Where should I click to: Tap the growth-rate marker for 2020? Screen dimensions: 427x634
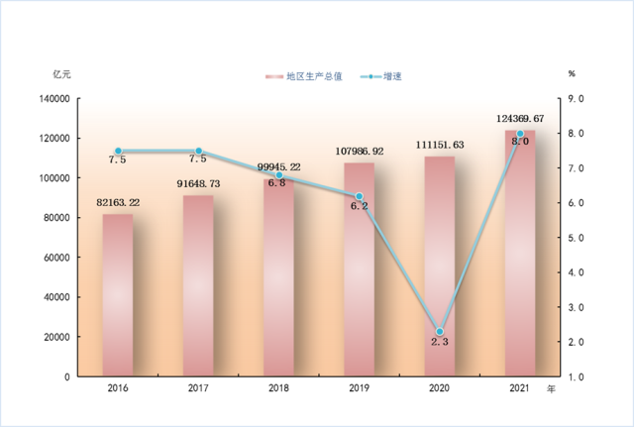click(x=440, y=332)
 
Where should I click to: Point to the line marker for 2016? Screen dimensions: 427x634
click(x=118, y=151)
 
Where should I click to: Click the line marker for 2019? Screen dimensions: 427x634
click(x=360, y=196)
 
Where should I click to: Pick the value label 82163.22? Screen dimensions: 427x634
click(x=118, y=202)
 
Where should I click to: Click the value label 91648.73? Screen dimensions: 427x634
click(x=198, y=183)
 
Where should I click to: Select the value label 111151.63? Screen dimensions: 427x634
click(x=440, y=145)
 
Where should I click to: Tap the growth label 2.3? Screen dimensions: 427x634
click(x=440, y=342)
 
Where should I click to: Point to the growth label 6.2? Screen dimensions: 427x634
click(x=359, y=206)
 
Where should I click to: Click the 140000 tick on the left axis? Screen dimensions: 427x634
click(x=54, y=99)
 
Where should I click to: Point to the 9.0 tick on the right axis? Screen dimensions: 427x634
click(x=577, y=99)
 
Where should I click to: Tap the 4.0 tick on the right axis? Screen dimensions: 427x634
click(x=577, y=272)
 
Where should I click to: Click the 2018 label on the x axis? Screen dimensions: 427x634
click(x=278, y=388)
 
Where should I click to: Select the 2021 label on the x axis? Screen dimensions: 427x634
click(x=520, y=388)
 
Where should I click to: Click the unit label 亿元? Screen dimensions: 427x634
click(x=62, y=74)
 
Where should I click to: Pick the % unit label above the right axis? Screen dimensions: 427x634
click(x=572, y=74)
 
